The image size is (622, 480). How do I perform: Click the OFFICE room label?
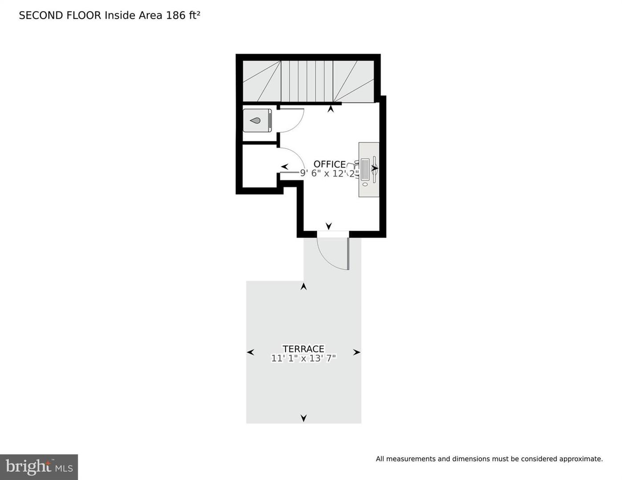329,164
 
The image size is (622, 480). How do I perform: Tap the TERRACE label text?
303,349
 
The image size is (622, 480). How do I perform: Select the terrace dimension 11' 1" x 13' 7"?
303,358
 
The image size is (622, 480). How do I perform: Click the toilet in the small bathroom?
257,120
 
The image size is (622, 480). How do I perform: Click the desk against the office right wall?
369,169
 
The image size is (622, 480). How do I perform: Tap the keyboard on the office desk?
365,169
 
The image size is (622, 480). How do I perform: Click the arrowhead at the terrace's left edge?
250,352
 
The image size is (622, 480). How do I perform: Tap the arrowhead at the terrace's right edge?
357,352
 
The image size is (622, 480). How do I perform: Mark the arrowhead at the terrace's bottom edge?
303,418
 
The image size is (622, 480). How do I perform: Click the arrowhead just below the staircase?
331,108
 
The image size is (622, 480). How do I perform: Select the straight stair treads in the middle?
307,81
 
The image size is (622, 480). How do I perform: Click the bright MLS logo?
39,467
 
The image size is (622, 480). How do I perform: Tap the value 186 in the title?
175,15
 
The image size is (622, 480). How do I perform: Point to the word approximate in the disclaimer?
581,459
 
